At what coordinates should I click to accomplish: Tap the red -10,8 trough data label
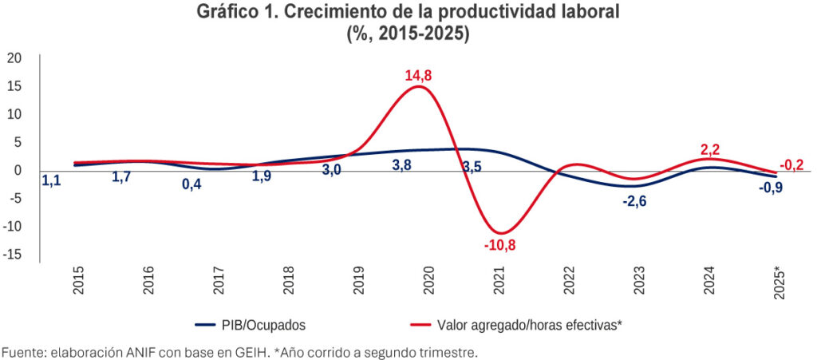[499, 245]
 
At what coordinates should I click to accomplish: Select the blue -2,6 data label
[634, 201]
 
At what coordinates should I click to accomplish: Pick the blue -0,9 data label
[772, 188]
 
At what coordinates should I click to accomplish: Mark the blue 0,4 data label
[191, 184]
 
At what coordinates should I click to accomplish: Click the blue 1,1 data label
[50, 181]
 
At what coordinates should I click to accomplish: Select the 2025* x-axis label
[780, 281]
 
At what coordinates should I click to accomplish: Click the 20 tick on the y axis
[14, 57]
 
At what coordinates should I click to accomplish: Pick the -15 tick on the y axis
[12, 255]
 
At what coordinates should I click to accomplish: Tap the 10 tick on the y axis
[14, 114]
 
